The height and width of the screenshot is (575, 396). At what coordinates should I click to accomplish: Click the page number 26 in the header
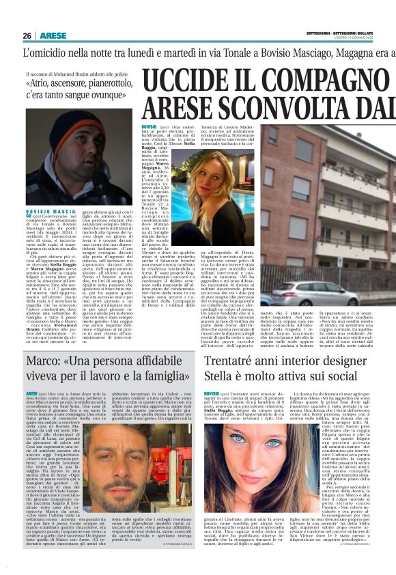[27, 35]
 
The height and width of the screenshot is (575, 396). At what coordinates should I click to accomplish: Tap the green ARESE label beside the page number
[53, 35]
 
